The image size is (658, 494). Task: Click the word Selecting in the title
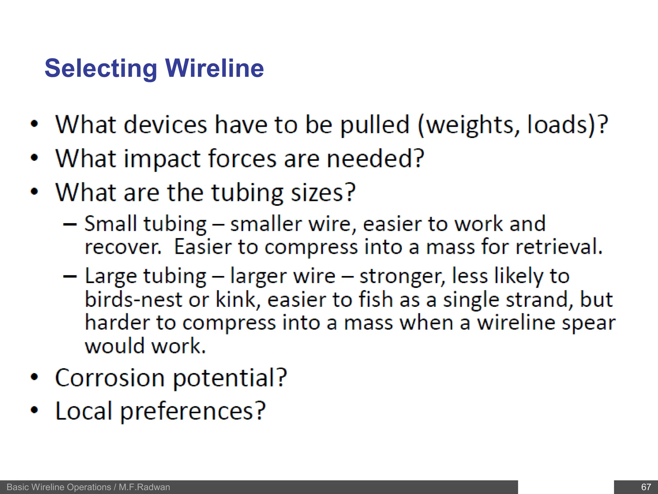101,69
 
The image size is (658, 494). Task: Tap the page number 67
645,487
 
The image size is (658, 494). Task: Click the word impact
163,159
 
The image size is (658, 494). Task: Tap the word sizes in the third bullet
323,193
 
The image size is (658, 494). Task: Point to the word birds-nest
134,299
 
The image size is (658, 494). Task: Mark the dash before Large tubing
70,276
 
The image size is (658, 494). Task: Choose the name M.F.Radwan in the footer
144,487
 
